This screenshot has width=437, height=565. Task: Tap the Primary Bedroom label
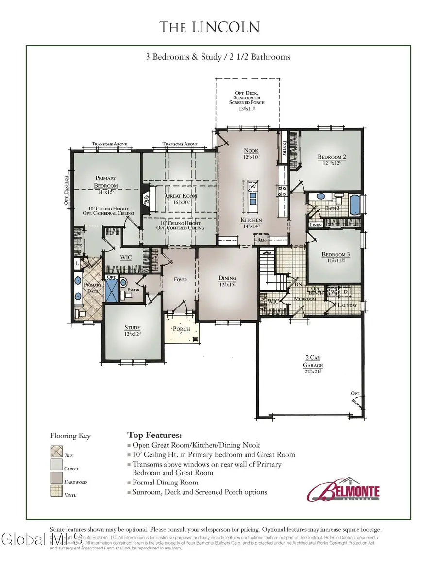(106, 181)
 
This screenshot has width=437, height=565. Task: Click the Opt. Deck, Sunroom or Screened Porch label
(247, 98)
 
